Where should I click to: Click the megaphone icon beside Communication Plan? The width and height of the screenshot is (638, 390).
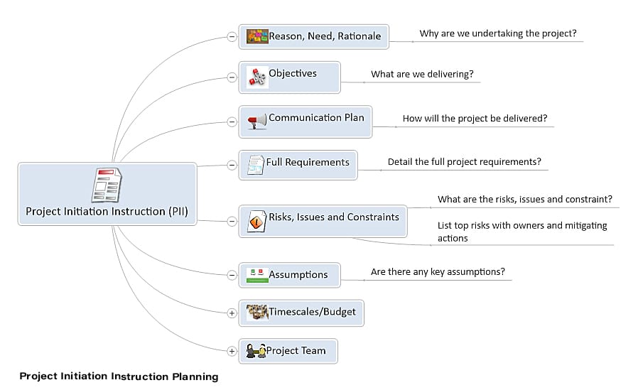[256, 121]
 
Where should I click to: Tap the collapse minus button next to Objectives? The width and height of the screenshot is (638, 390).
[232, 77]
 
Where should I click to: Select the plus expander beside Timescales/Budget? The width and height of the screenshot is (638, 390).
[232, 313]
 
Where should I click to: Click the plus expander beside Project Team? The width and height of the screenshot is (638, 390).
[232, 351]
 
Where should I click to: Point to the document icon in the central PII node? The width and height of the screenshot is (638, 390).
[107, 185]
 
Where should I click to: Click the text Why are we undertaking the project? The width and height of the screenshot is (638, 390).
[498, 33]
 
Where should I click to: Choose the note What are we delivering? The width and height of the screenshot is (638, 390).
[422, 74]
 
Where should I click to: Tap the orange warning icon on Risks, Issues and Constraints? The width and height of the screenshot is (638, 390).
[256, 222]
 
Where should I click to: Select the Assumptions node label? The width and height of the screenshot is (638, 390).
[298, 275]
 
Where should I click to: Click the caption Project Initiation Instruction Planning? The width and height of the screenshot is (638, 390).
[119, 377]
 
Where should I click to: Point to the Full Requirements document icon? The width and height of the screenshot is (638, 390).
[256, 165]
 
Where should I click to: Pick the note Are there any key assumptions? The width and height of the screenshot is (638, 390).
[438, 271]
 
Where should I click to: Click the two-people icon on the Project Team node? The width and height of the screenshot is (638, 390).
[256, 350]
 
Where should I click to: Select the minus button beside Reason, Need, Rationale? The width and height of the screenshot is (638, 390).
[232, 37]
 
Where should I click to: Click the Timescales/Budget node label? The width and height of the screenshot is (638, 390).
[312, 312]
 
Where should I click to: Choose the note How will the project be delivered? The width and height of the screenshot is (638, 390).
[475, 119]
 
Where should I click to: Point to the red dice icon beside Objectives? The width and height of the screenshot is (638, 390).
[257, 77]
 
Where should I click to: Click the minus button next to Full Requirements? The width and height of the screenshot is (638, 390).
[232, 165]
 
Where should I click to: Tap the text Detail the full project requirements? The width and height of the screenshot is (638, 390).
[464, 162]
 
